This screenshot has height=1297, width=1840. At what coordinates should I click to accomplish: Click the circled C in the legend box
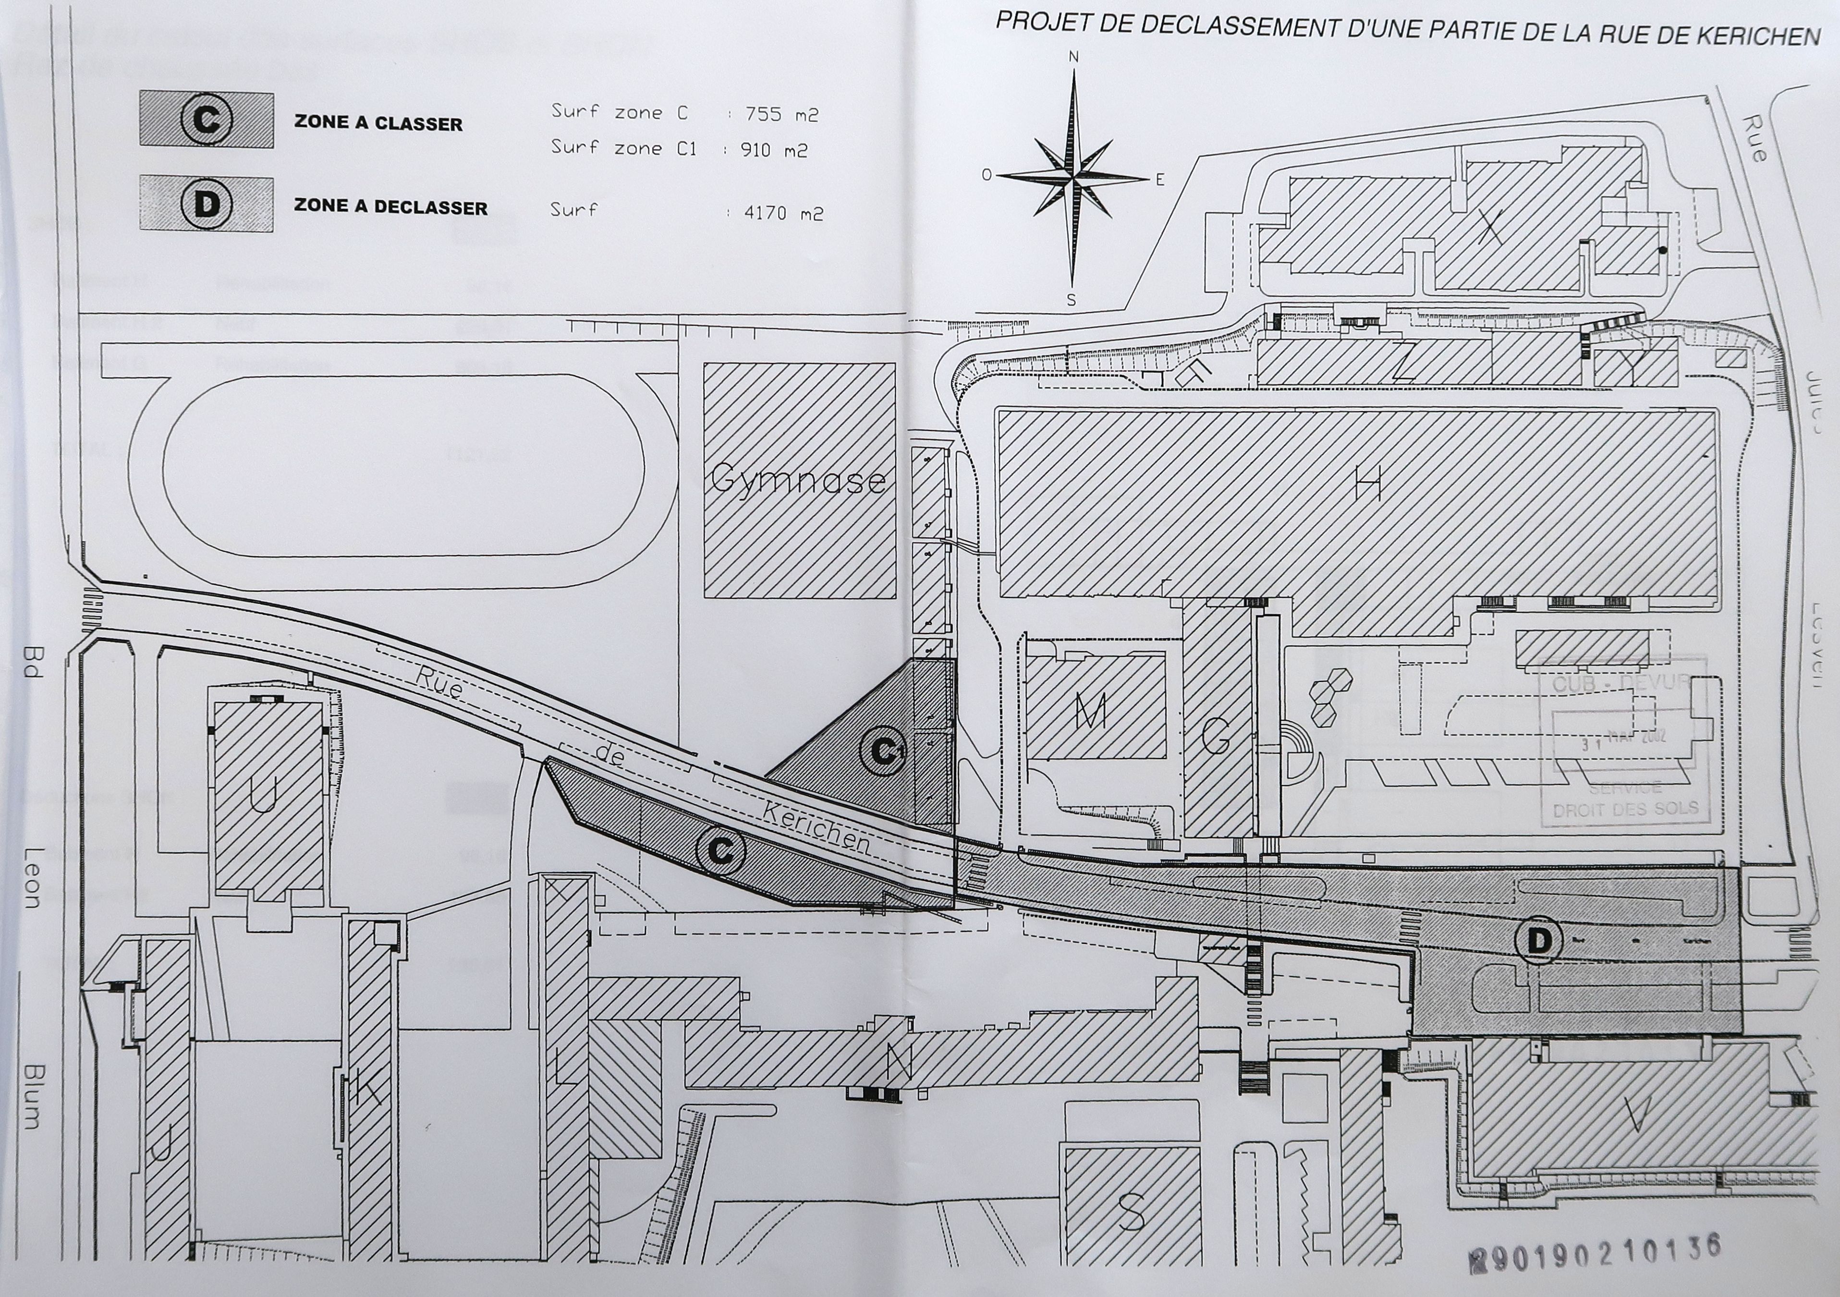pos(206,120)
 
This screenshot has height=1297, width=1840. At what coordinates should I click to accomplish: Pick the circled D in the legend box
pos(206,204)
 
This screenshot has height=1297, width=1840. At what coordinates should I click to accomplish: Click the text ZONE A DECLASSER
pos(390,207)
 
